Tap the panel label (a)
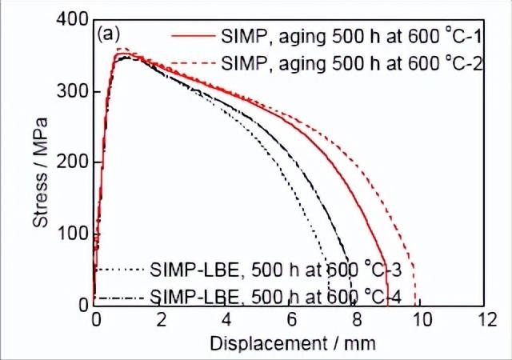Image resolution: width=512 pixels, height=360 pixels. [x=108, y=34]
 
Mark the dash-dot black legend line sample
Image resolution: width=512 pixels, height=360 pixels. [x=120, y=298]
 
